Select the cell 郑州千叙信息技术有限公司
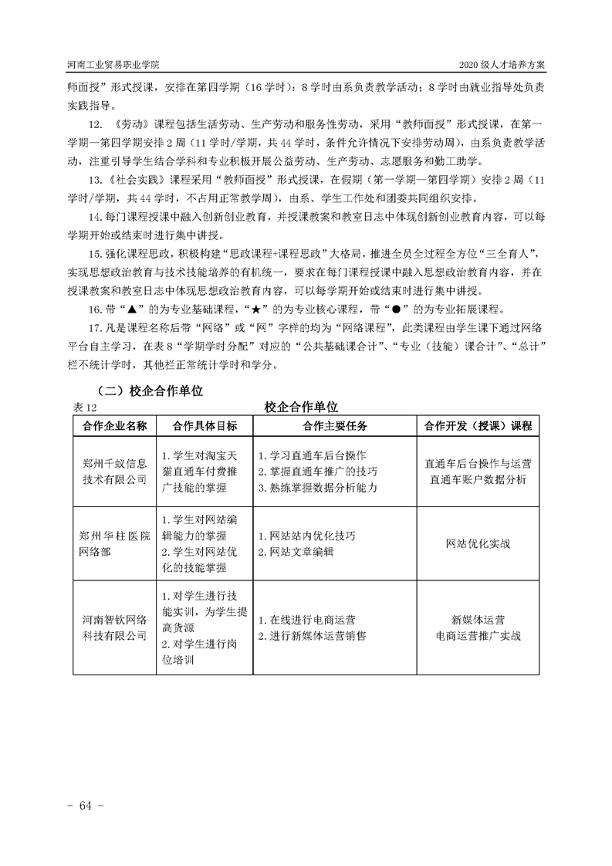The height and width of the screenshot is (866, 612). tap(114, 472)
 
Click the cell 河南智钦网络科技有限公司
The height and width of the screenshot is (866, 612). tap(114, 627)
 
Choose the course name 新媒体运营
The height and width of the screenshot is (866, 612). tap(478, 619)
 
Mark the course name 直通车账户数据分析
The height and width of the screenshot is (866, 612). tap(478, 480)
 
